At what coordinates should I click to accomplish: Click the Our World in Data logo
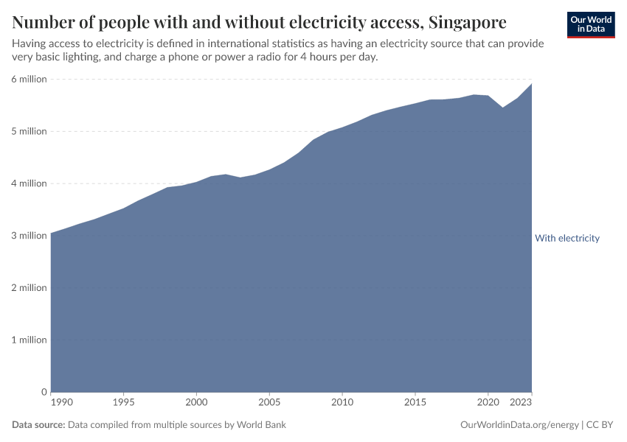coord(590,24)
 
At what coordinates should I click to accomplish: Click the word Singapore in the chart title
coord(468,21)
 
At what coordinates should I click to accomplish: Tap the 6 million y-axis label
coord(28,79)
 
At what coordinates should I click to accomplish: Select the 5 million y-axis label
coord(28,131)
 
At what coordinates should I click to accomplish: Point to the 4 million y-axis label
coord(28,183)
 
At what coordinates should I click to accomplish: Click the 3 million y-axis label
coord(28,236)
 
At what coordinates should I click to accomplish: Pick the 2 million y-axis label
coord(28,288)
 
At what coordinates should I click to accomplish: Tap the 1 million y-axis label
coord(28,340)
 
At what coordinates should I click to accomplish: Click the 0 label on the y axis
coord(44,392)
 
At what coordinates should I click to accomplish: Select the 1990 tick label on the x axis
coord(62,403)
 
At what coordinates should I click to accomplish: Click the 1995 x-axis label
coord(123,403)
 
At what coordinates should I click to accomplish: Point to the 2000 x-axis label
coord(196,403)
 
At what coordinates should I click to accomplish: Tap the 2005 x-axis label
coord(269,403)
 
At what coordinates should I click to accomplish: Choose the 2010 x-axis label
coord(342,403)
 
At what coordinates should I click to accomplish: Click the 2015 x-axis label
coord(415,403)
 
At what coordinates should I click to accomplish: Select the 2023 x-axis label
coord(522,403)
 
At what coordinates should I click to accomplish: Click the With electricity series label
coord(567,238)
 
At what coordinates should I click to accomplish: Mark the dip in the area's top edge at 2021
coord(502,108)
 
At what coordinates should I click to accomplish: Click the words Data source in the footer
coord(38,425)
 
